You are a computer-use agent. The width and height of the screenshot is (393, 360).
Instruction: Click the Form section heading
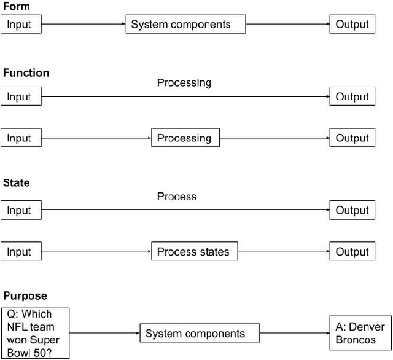pyautogui.click(x=15, y=6)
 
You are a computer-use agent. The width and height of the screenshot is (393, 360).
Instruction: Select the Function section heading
pyautogui.click(x=26, y=72)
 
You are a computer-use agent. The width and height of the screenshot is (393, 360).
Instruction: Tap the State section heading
pyautogui.click(x=17, y=183)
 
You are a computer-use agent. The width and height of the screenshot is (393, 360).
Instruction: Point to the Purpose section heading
pyautogui.click(x=25, y=296)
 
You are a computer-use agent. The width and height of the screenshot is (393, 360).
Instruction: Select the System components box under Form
pyautogui.click(x=185, y=25)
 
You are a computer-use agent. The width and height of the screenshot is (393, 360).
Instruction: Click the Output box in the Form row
pyautogui.click(x=352, y=25)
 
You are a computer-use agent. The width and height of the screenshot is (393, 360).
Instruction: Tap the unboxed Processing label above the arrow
pyautogui.click(x=184, y=82)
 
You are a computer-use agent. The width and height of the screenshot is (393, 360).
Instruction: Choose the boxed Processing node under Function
pyautogui.click(x=185, y=138)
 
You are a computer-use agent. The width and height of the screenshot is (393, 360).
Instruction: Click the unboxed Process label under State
pyautogui.click(x=177, y=197)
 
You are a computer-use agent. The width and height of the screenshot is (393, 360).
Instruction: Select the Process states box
pyautogui.click(x=194, y=251)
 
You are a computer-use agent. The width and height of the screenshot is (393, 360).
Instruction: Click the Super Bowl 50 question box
pyautogui.click(x=35, y=334)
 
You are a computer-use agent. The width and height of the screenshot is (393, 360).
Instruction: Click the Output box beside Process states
pyautogui.click(x=352, y=251)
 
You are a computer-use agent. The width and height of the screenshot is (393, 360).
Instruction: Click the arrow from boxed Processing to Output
pyautogui.click(x=274, y=138)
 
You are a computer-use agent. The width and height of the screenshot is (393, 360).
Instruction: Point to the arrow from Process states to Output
pyautogui.click(x=283, y=251)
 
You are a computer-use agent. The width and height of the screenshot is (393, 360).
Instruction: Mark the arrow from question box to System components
pyautogui.click(x=104, y=334)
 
